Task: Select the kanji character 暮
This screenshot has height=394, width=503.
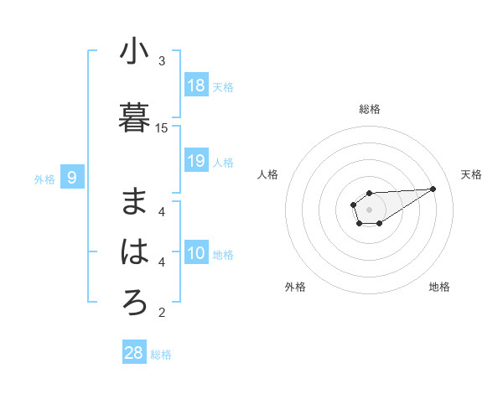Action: pyautogui.click(x=134, y=117)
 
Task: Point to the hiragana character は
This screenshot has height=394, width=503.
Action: pyautogui.click(x=134, y=251)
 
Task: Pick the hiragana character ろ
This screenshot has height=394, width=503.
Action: pyautogui.click(x=134, y=302)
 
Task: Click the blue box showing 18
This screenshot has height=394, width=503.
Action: pyautogui.click(x=196, y=86)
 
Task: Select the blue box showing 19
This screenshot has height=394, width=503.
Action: pyautogui.click(x=196, y=162)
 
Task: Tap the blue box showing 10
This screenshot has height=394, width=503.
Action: pyautogui.click(x=196, y=254)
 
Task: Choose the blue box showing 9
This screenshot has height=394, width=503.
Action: pyautogui.click(x=72, y=178)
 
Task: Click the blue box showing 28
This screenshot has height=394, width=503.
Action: pyautogui.click(x=134, y=353)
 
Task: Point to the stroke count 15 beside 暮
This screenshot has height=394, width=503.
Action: pyautogui.click(x=162, y=127)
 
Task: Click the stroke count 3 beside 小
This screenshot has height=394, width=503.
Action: pyautogui.click(x=162, y=61)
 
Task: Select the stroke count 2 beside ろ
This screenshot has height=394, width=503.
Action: pyautogui.click(x=162, y=313)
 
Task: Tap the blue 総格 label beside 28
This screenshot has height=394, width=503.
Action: pyautogui.click(x=161, y=355)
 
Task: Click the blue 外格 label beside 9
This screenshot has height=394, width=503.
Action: pyautogui.click(x=44, y=179)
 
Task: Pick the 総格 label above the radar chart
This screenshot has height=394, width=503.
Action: pyautogui.click(x=369, y=109)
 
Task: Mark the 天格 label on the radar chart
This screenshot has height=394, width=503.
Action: pyautogui.click(x=471, y=174)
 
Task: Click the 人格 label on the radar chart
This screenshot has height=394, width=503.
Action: pyautogui.click(x=267, y=174)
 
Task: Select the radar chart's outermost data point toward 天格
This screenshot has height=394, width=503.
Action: pyautogui.click(x=433, y=188)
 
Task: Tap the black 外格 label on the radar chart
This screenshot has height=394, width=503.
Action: pyautogui.click(x=295, y=287)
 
